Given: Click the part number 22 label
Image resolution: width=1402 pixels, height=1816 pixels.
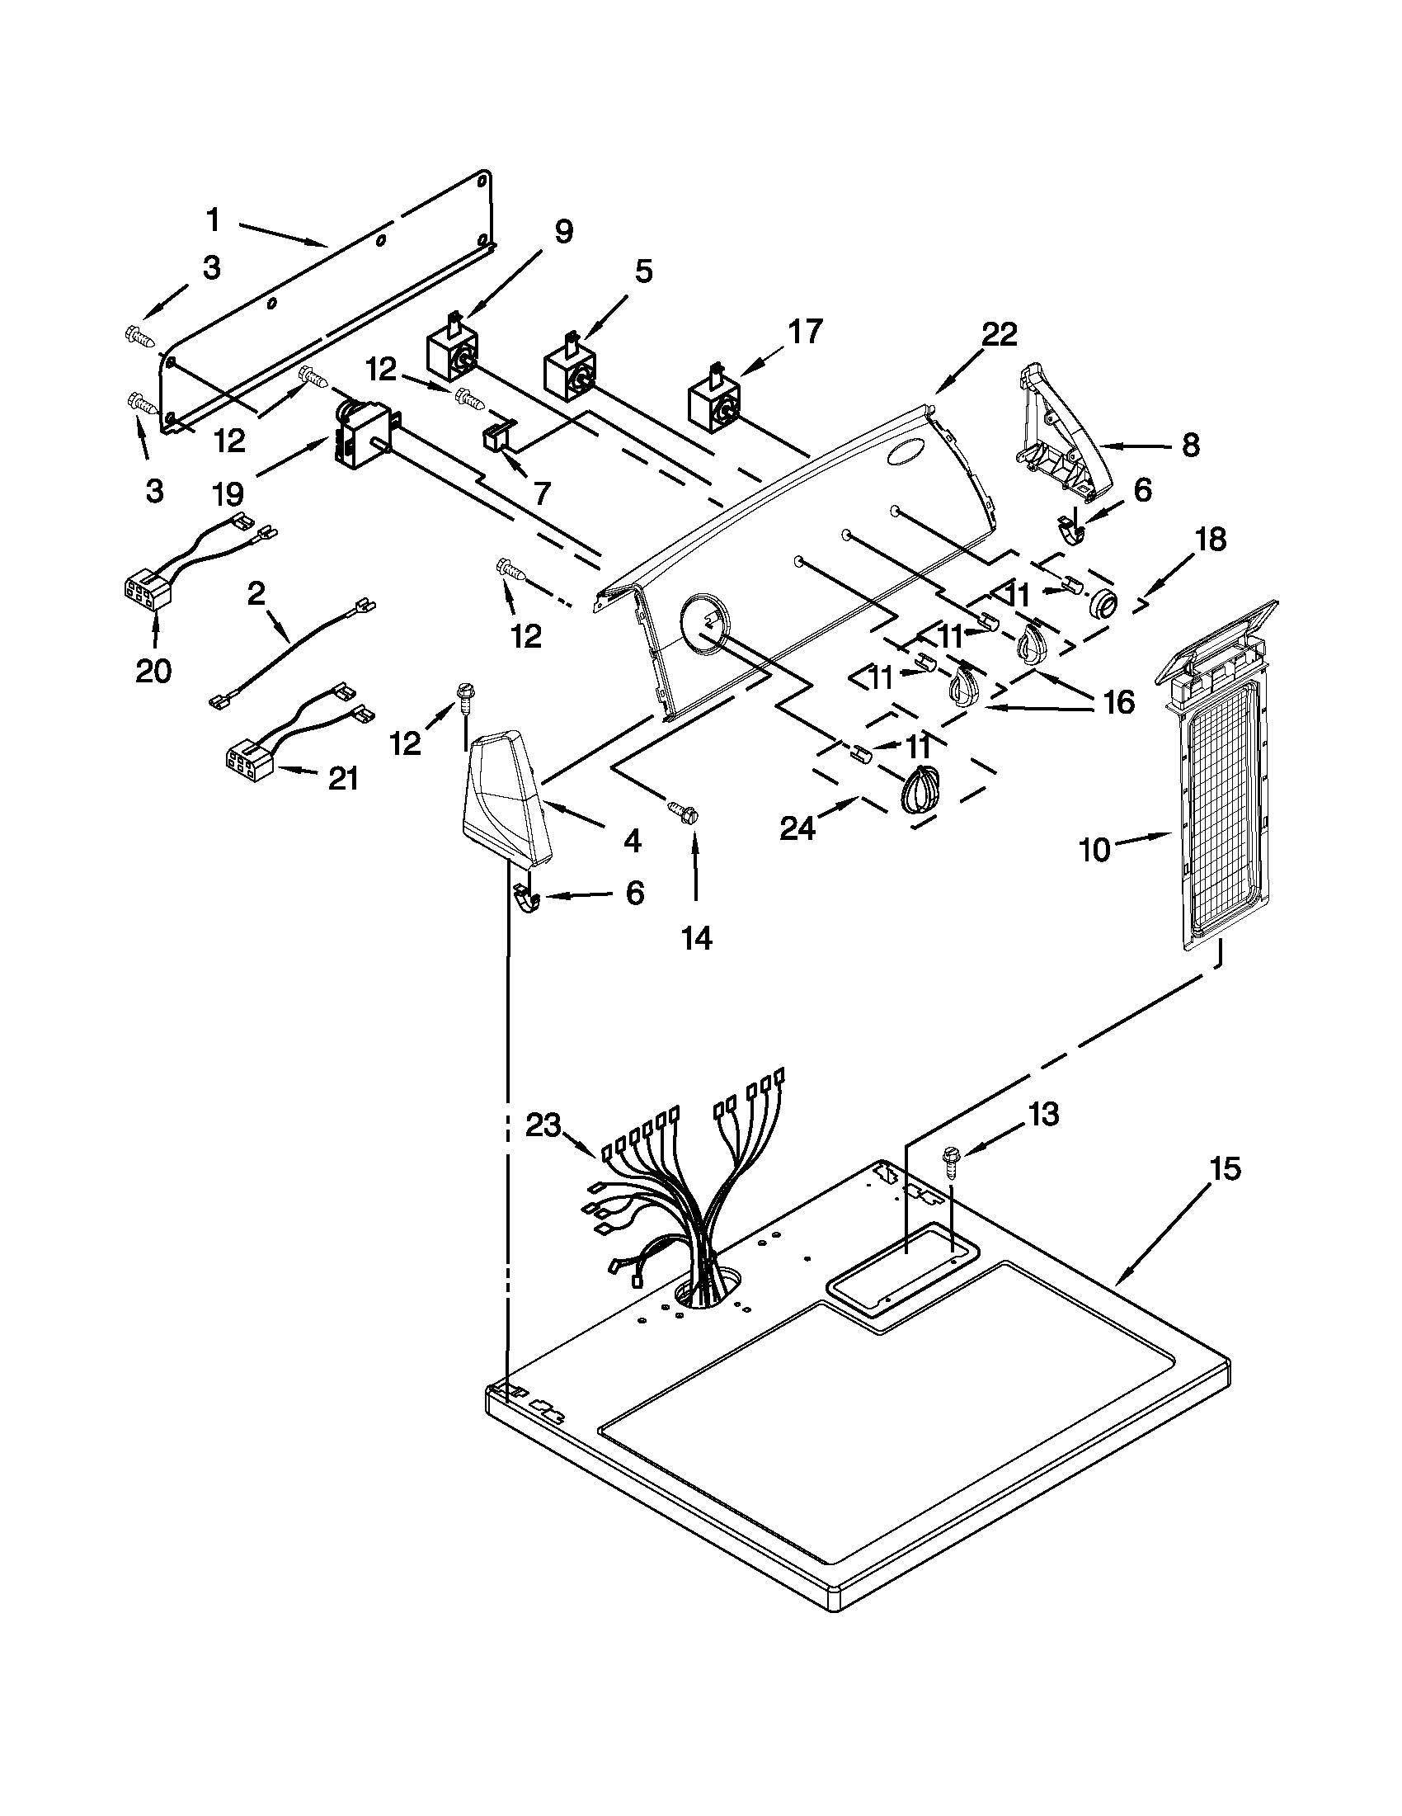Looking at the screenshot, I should (998, 335).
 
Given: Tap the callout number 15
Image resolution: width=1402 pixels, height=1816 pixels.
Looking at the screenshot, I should (1225, 1169).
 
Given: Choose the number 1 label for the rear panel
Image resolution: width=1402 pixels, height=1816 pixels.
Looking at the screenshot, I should (214, 221).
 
